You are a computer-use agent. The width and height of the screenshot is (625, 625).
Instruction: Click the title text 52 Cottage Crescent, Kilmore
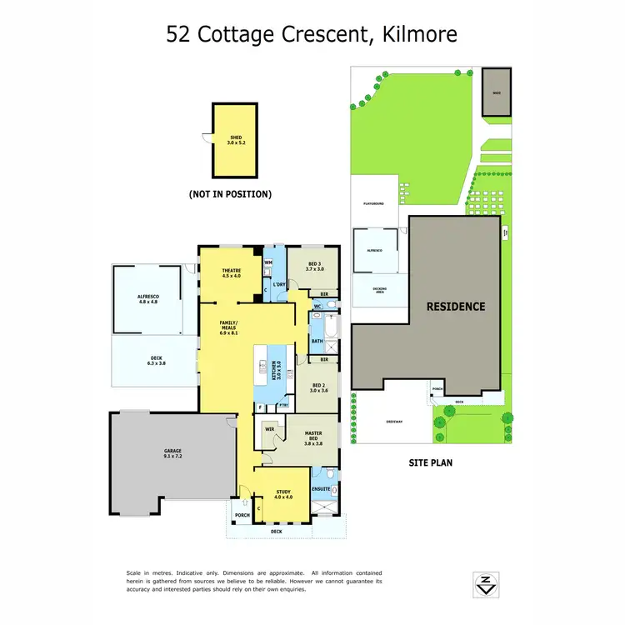[x=312, y=34]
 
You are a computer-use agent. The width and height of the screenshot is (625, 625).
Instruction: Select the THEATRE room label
[x=231, y=273]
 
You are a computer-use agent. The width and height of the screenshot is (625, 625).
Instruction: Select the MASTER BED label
[x=313, y=441]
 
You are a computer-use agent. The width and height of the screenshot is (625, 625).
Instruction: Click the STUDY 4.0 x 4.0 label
[x=282, y=495]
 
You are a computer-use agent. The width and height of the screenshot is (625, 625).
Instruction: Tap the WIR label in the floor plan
[x=269, y=429]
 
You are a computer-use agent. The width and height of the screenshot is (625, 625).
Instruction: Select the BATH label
[x=317, y=341]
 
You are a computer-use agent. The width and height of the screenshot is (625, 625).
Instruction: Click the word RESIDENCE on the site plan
[x=456, y=307]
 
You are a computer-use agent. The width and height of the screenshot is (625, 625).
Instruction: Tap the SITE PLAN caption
[x=430, y=462]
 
